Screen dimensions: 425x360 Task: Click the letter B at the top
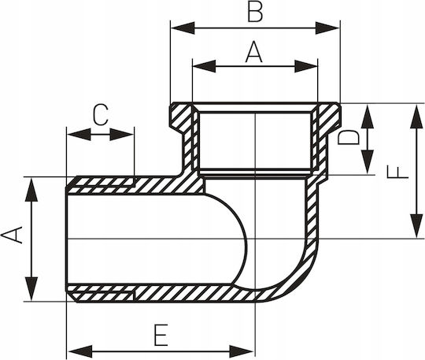pyautogui.click(x=255, y=13)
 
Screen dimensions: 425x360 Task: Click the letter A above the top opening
pyautogui.click(x=254, y=52)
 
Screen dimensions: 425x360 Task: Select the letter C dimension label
pyautogui.click(x=100, y=115)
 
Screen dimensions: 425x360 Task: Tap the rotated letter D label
pyautogui.click(x=349, y=137)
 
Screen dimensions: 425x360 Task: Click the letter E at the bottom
pyautogui.click(x=161, y=335)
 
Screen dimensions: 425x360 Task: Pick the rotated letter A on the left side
pyautogui.click(x=12, y=235)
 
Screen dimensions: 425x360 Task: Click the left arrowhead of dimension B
pyautogui.click(x=183, y=28)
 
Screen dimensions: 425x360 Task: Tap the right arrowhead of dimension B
pyautogui.click(x=327, y=28)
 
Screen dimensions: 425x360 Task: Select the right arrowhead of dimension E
pyautogui.click(x=242, y=351)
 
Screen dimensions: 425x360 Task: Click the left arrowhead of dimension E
pyautogui.click(x=80, y=351)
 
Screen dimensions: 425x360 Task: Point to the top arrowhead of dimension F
pyautogui.click(x=416, y=117)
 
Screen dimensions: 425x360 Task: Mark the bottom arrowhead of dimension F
pyautogui.click(x=416, y=226)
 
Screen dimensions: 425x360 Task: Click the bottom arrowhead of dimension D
pyautogui.click(x=368, y=162)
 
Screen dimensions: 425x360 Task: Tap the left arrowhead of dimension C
pyautogui.click(x=79, y=134)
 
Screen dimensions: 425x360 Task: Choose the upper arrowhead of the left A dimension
pyautogui.click(x=31, y=190)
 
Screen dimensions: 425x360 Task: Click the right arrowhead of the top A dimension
pyautogui.click(x=306, y=66)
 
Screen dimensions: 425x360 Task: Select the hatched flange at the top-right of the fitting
pyautogui.click(x=328, y=117)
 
